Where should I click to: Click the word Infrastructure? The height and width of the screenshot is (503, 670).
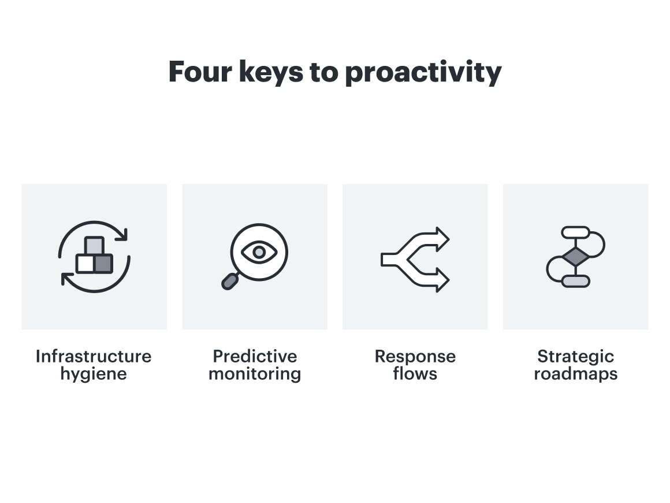pos(94,356)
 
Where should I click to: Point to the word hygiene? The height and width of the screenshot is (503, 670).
pos(94,375)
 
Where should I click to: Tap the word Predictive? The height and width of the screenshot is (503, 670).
pos(255,356)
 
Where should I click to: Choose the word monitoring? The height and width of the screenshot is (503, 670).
pos(255,375)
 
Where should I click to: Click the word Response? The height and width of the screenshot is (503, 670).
pos(415,356)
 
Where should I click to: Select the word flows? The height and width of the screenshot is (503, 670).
pos(415,374)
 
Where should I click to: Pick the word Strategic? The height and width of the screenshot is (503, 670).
pos(575,356)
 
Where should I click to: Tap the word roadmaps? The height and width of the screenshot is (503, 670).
pos(575,374)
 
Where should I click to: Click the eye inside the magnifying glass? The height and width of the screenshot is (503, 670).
pos(259,251)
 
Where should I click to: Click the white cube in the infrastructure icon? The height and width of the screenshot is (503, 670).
pos(85,264)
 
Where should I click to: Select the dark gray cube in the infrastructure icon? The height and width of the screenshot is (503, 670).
pos(103,264)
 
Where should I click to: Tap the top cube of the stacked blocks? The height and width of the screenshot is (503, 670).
pos(94,246)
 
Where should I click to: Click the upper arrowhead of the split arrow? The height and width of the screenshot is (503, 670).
pos(442,239)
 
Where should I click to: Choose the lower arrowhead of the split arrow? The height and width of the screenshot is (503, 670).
pos(442,280)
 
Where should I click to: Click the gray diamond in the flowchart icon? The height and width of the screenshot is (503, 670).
pos(575,257)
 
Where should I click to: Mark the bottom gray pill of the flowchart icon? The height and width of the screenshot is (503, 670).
pos(575,281)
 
